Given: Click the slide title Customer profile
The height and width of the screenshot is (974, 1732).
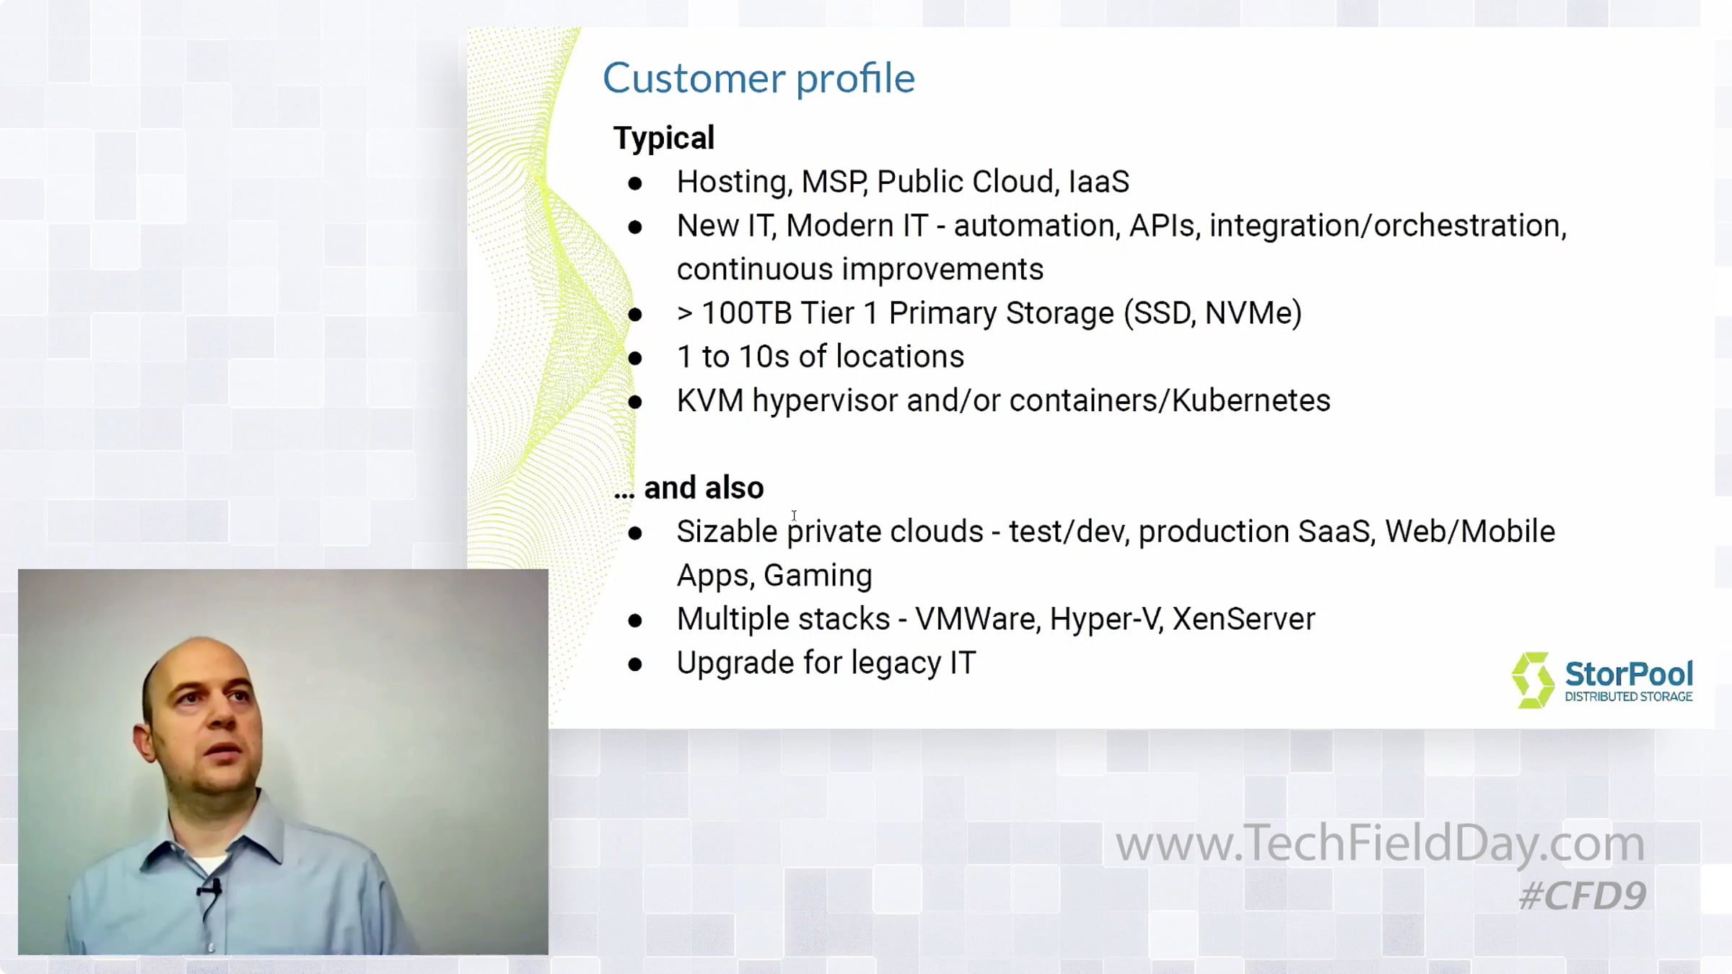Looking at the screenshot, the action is click(758, 78).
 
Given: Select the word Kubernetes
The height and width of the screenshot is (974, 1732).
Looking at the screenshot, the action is click(1251, 400).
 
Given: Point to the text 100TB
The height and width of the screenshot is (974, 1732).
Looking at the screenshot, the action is click(746, 313).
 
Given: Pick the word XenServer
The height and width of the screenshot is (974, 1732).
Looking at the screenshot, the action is click(1243, 619).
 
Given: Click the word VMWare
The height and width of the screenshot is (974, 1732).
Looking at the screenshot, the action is click(977, 619).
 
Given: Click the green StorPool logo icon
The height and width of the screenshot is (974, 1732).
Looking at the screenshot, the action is click(1532, 680).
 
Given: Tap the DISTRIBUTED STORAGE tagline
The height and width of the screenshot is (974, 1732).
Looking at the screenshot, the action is click(1628, 697).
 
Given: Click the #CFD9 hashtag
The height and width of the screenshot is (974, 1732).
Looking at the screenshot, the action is click(1583, 896).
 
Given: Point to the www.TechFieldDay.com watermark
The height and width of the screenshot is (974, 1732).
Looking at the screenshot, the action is click(1380, 843).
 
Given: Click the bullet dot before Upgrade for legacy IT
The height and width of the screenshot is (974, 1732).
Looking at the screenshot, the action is click(635, 664).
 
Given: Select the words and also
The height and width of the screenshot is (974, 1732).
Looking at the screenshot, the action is click(704, 488).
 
